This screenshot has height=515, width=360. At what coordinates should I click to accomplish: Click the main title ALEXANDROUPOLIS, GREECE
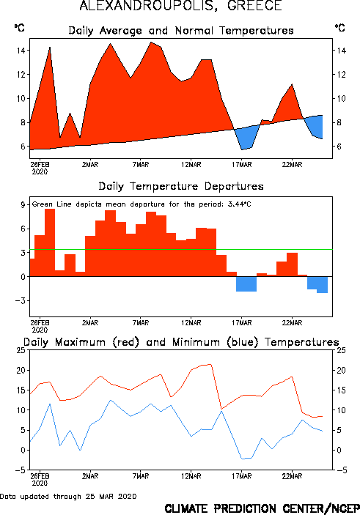point(180,6)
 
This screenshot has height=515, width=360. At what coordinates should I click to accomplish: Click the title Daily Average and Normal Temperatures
point(181,31)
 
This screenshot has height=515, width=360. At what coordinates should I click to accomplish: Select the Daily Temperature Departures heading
point(181,186)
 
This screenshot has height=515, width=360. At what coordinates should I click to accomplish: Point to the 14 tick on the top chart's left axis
point(21,51)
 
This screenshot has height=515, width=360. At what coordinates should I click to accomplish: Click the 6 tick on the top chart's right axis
point(339,147)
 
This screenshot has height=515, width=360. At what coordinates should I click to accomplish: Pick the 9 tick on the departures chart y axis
point(23,204)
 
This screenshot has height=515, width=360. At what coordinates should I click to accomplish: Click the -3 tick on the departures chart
point(21,300)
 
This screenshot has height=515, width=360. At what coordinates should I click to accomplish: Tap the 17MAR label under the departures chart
point(241,323)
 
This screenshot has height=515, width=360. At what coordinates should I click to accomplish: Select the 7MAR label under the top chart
point(140,165)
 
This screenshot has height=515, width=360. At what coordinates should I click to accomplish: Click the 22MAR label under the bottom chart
point(292,476)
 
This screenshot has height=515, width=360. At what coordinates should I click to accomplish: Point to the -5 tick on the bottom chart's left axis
point(21,470)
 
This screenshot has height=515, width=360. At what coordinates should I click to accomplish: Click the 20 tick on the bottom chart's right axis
point(341,370)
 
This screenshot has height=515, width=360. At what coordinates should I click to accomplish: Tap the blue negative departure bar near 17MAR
point(246,284)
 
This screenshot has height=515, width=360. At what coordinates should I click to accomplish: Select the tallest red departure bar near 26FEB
point(50,242)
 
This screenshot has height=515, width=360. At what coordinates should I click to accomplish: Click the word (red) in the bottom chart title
point(125,342)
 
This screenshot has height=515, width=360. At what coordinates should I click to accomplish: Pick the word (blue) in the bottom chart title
point(242,342)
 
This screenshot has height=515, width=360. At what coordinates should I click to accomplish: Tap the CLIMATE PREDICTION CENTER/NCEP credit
point(262,508)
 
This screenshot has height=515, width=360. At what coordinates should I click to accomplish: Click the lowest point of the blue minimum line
point(243,459)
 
